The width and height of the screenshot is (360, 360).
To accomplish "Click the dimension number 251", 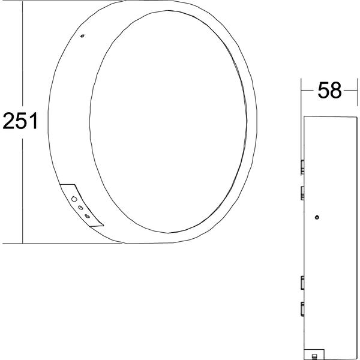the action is [x=20, y=121].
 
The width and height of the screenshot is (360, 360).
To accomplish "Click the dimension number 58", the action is [x=329, y=90].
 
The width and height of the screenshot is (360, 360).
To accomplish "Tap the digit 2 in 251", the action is [x=8, y=121].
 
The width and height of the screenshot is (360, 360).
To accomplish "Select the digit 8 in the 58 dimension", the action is [x=336, y=90].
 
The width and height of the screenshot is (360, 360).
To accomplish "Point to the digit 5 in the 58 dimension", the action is [x=323, y=90].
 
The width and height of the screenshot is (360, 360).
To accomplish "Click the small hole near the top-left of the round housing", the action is [x=82, y=36].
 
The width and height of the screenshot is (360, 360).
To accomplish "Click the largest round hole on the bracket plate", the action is [x=74, y=199].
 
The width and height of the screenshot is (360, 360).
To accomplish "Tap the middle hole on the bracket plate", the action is [x=80, y=208].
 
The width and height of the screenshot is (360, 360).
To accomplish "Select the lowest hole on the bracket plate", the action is [x=87, y=216].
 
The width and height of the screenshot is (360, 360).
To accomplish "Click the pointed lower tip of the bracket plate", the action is [x=103, y=226].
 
